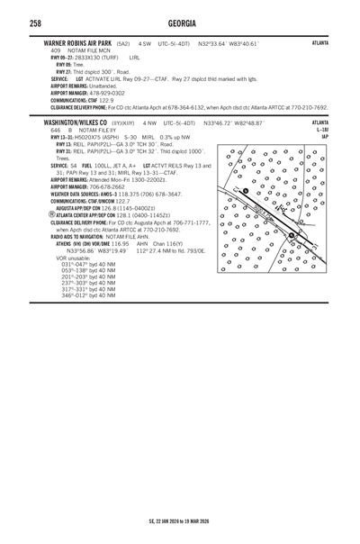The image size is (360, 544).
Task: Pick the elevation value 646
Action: click(56, 129)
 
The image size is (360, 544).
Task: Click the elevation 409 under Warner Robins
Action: click(56, 50)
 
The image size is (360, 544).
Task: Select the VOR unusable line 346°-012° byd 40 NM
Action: click(87, 295)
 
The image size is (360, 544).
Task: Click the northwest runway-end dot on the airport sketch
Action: click(246, 191)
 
